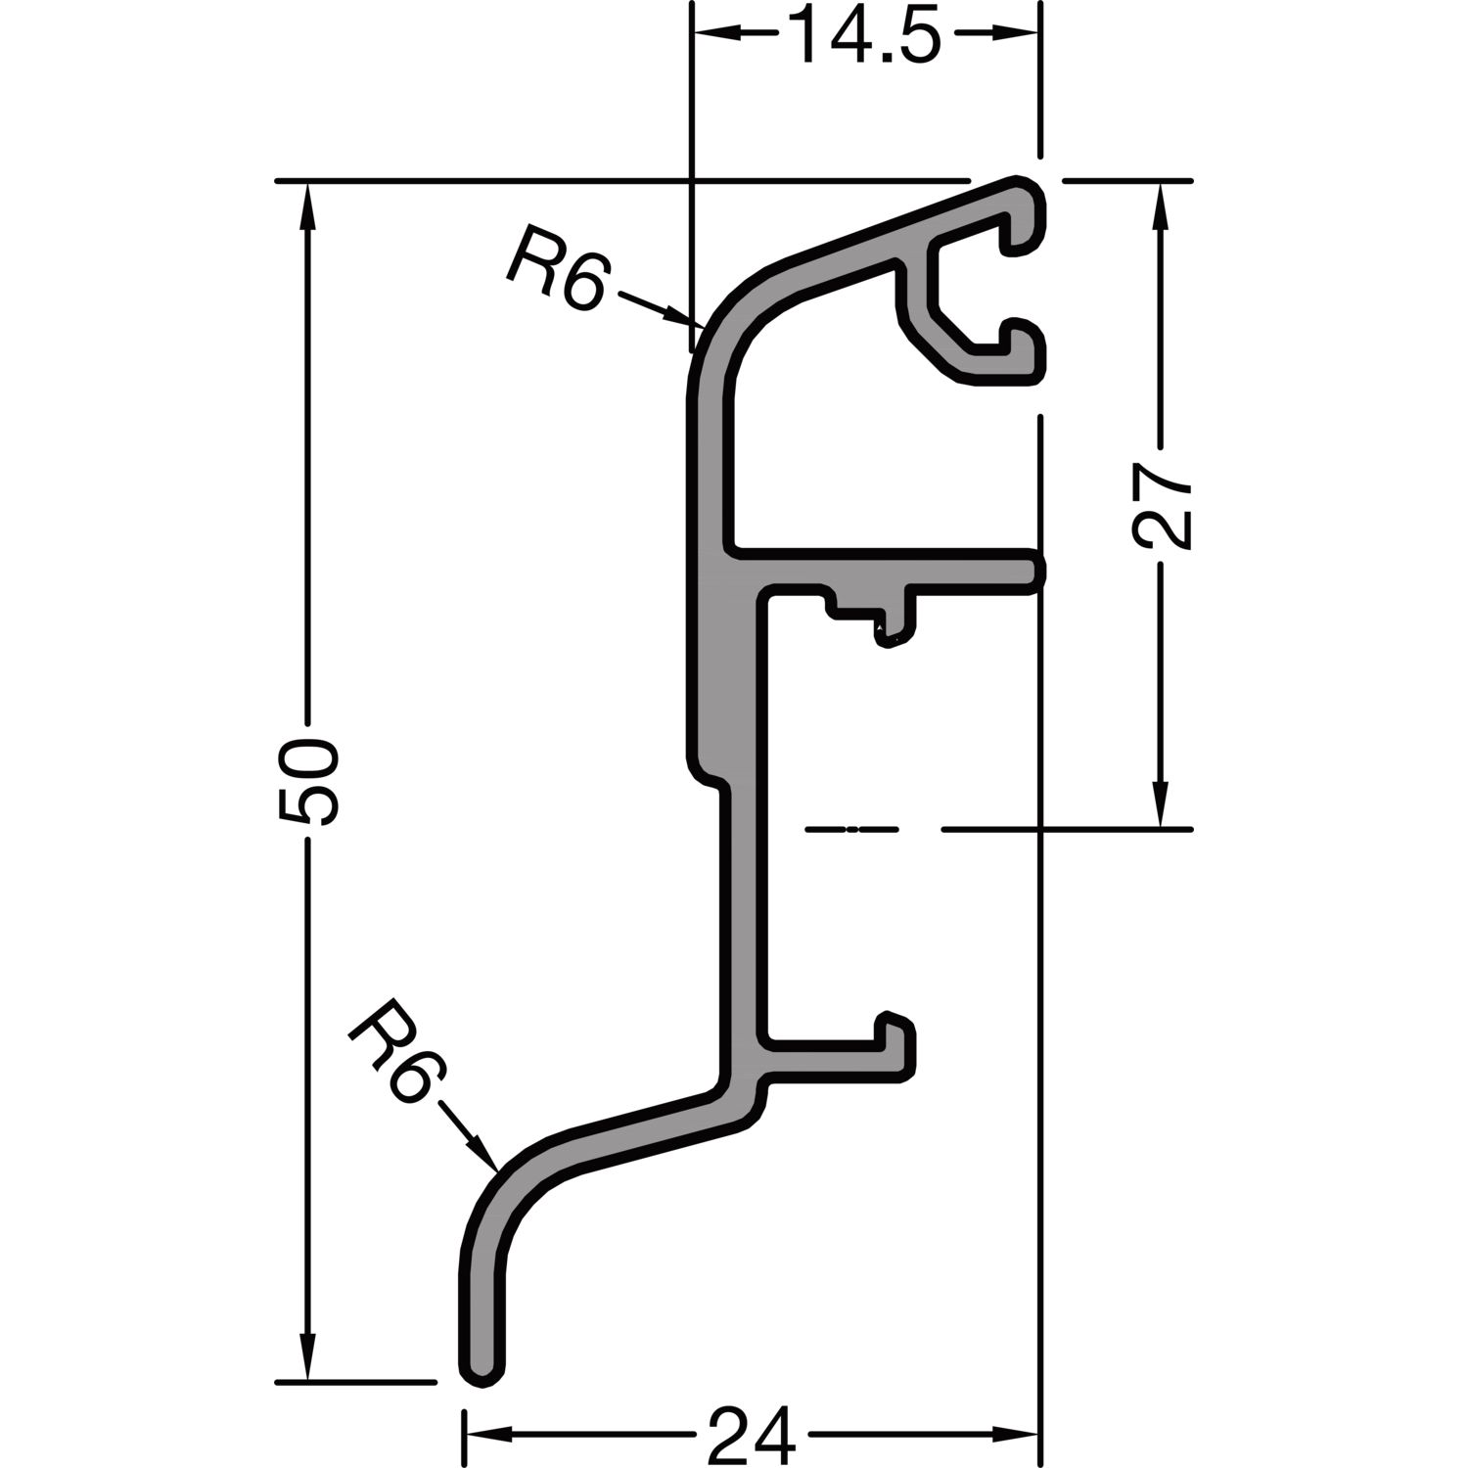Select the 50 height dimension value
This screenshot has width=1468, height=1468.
tap(308, 782)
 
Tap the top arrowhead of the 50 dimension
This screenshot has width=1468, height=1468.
tap(308, 205)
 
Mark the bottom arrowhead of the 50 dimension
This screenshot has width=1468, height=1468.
tap(308, 1358)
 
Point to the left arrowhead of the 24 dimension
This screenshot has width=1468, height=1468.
tap(486, 1437)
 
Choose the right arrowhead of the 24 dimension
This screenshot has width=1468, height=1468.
tap(1015, 1437)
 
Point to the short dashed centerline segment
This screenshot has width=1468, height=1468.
tap(850, 830)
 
